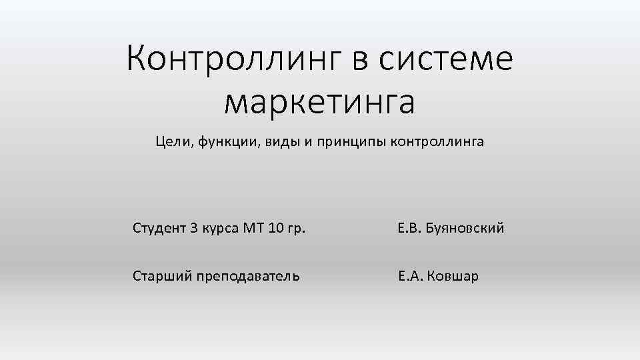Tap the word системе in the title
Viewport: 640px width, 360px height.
[x=446, y=59]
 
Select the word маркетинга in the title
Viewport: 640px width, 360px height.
[x=319, y=102]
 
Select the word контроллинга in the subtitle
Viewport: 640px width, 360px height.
[x=437, y=142]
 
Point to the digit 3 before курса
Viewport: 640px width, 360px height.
[x=194, y=229]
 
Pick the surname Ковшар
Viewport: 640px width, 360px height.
[x=453, y=276]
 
